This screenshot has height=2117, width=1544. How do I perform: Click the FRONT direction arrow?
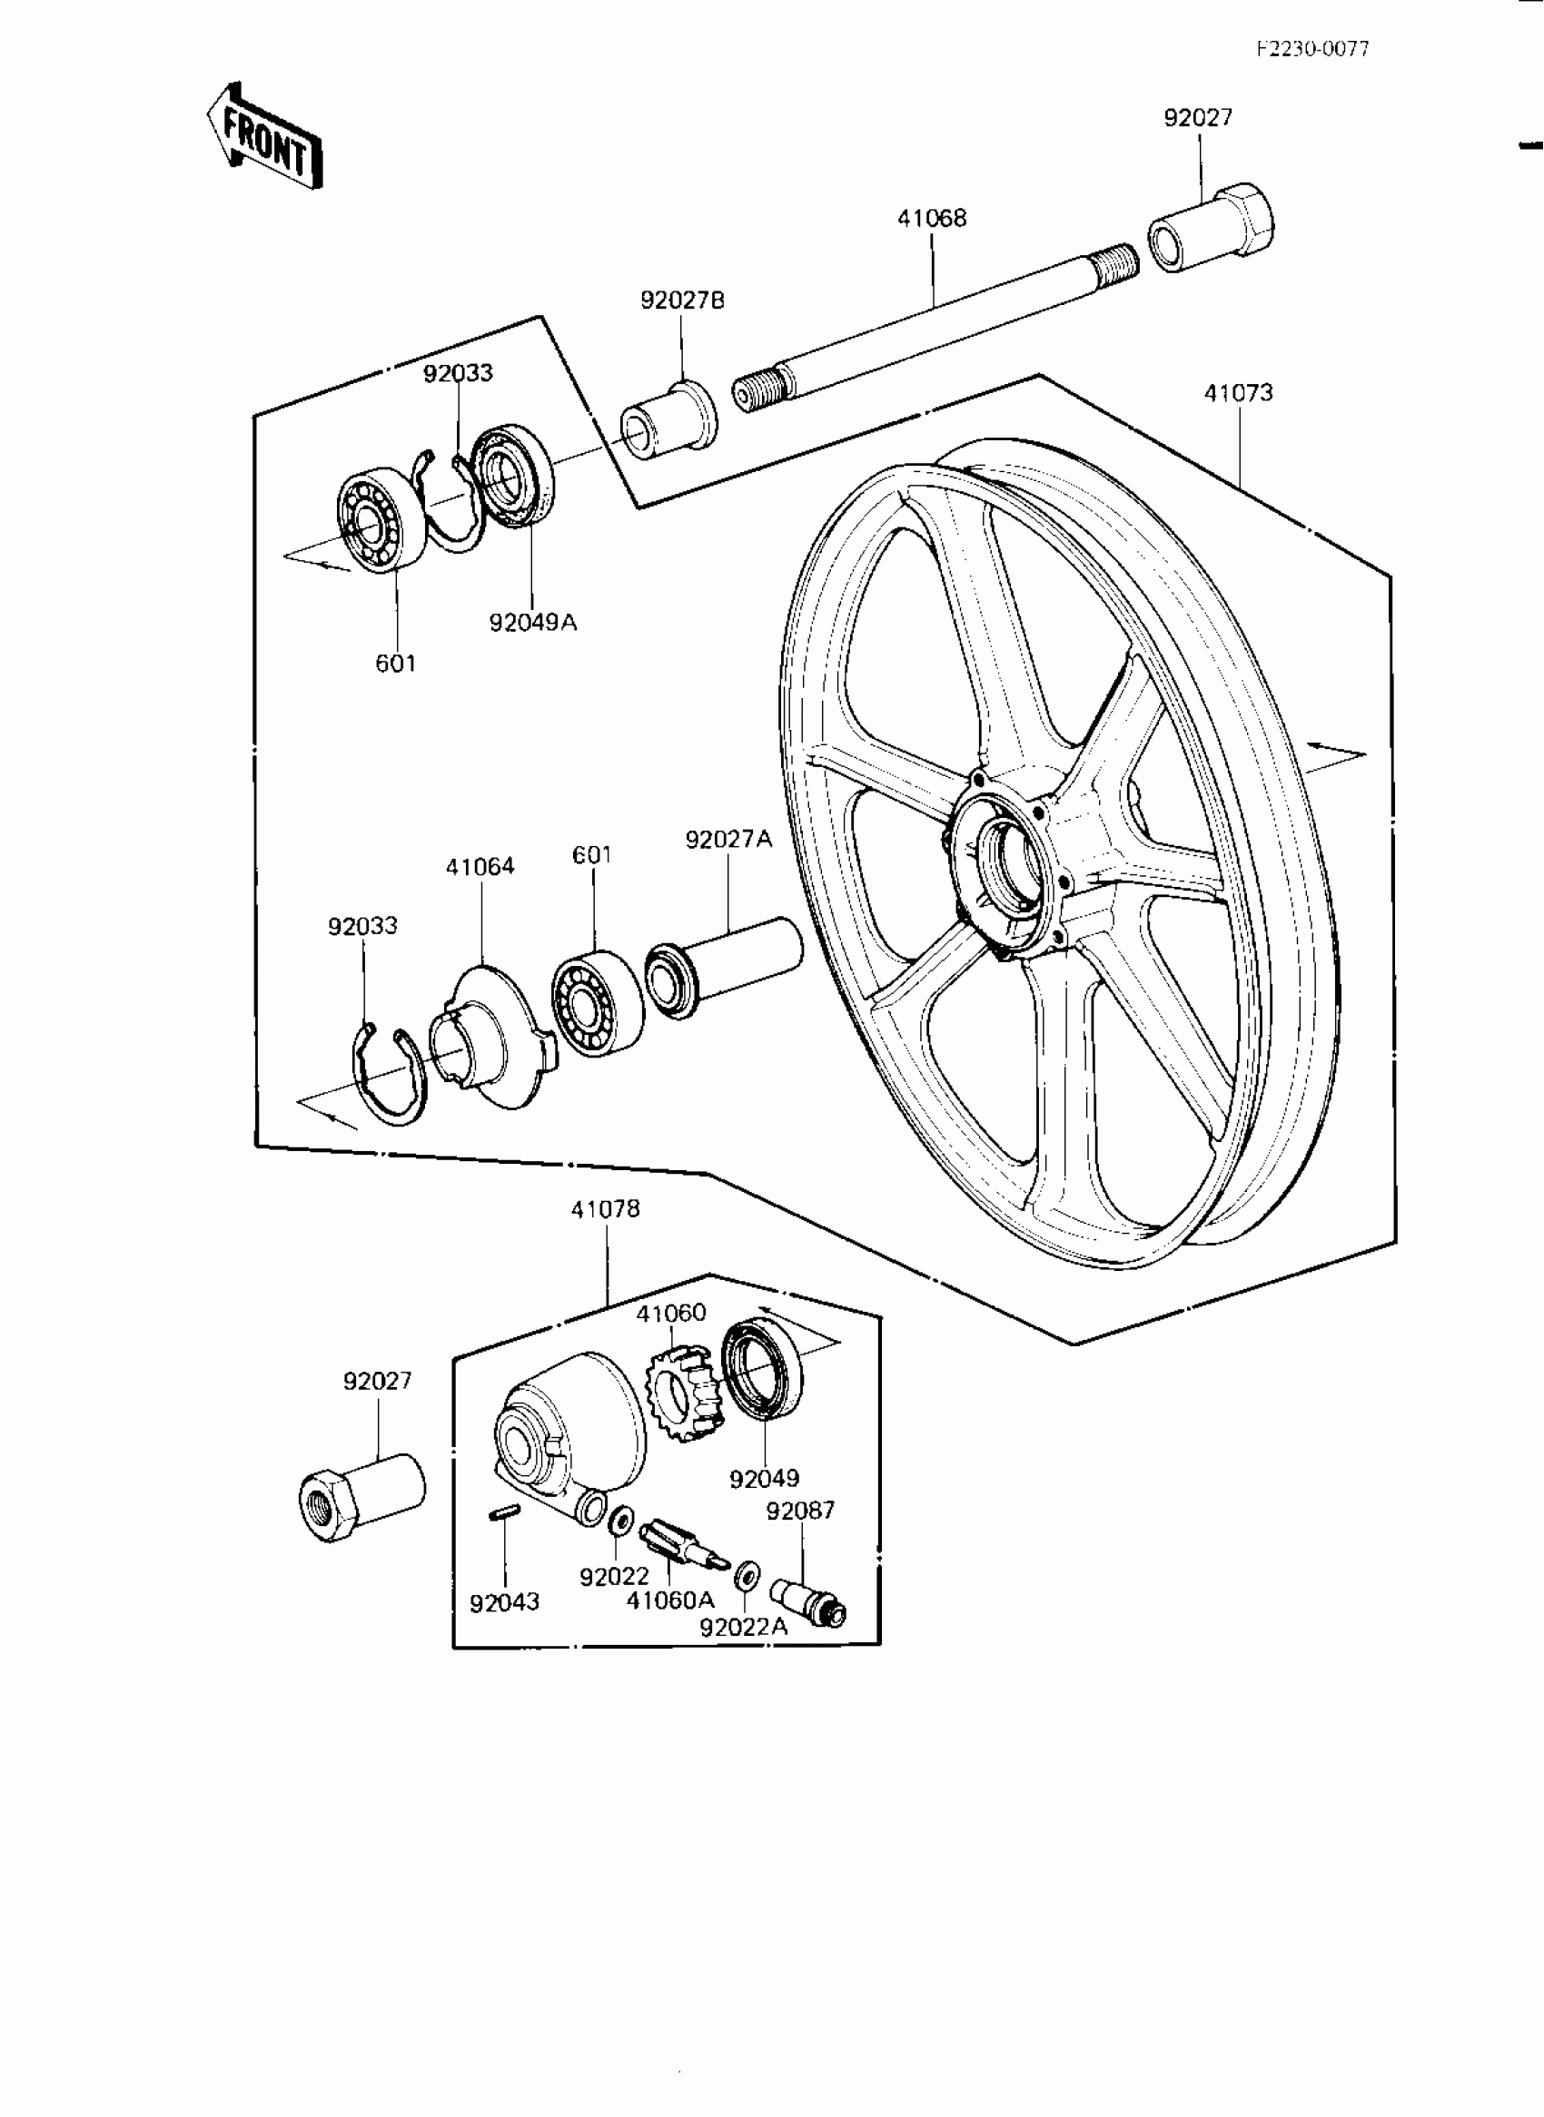pos(264,137)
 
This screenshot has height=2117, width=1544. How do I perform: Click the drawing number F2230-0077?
pos(1312,50)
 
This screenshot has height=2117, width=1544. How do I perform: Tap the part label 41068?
pos(932,219)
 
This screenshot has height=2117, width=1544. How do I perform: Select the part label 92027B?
pos(682,300)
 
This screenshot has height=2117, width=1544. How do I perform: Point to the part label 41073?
pos(1238,393)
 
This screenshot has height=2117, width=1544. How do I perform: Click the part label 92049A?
pos(533,622)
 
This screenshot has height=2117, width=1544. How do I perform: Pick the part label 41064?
pos(480,867)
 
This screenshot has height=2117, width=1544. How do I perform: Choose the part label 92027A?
pos(729,840)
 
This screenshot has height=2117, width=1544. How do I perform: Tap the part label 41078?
pos(606,1209)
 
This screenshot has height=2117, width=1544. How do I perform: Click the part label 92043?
pos(505,1602)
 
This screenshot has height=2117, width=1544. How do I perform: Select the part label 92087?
pos(800,1511)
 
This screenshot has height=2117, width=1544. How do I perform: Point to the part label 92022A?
pos(744,1628)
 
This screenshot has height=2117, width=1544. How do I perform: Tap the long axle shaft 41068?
pos(935,327)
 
